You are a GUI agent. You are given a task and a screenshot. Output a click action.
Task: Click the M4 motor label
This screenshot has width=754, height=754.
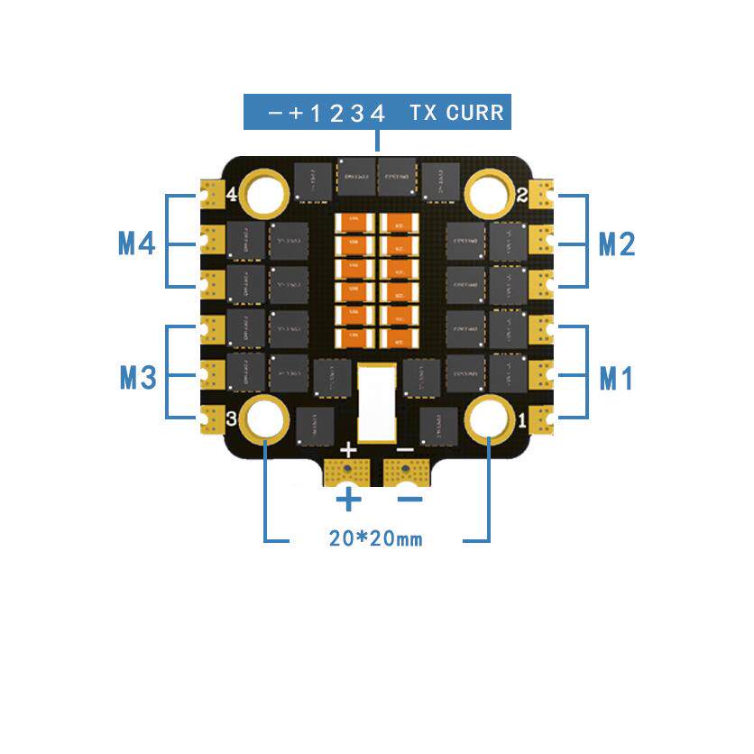coord(137,244)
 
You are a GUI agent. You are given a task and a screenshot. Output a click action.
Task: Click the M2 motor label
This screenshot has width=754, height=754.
coord(618,244)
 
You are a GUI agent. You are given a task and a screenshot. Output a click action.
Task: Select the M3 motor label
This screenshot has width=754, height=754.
coord(138,379)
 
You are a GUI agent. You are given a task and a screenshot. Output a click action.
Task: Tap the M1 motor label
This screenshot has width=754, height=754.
coord(618,380)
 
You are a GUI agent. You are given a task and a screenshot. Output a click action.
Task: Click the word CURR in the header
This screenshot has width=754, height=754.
coord(474,114)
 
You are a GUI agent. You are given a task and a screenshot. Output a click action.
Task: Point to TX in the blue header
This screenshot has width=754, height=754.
coord(424,114)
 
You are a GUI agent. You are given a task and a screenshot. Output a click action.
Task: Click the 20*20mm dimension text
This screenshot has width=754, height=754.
coord(375,539)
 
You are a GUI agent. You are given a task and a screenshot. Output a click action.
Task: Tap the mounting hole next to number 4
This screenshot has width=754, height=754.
coord(265,192)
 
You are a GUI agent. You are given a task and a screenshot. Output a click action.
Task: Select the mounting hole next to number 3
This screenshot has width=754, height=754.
coord(265,417)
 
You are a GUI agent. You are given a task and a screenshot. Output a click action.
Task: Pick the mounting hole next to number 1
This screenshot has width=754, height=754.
coord(489,417)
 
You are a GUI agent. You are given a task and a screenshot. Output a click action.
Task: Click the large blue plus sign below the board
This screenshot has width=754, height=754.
coord(348,499)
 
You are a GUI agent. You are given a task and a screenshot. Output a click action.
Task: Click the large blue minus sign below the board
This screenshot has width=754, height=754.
coord(409,499)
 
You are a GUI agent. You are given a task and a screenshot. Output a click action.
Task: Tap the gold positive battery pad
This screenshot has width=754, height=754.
coord(347,470)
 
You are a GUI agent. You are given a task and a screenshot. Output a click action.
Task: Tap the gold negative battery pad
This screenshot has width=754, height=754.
coord(408,470)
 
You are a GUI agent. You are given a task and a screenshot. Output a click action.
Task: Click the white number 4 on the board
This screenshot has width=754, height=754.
coord(231,194)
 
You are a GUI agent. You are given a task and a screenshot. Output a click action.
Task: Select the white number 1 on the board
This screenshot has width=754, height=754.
coord(523,419)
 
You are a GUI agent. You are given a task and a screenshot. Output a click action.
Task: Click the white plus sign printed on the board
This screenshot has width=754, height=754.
coord(349,448)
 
